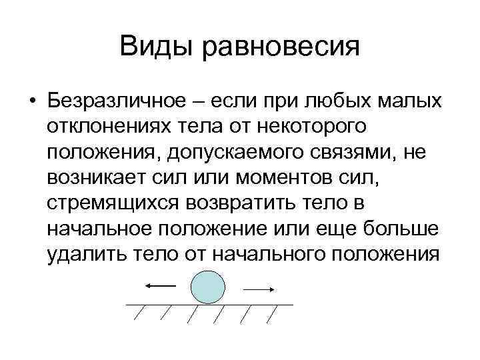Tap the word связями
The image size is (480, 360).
tap(383, 153)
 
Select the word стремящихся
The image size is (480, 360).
tap(117, 204)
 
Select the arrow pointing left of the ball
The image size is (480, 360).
tap(159, 285)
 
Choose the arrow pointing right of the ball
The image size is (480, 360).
tap(259, 289)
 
